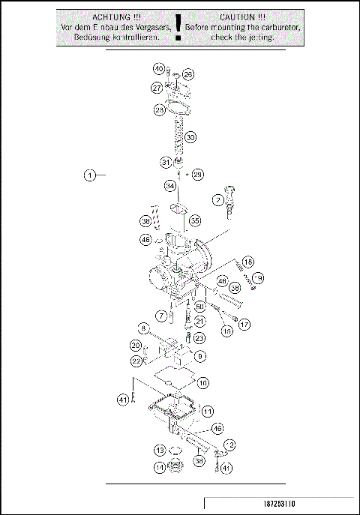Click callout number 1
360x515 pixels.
pyautogui.click(x=89, y=176)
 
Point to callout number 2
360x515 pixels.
pyautogui.click(x=217, y=200)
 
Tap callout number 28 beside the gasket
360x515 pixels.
pyautogui.click(x=160, y=110)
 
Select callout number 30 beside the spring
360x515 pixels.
pyautogui.click(x=190, y=137)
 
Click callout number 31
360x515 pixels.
pyautogui.click(x=165, y=162)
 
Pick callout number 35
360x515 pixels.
pyautogui.click(x=194, y=221)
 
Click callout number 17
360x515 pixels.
pyautogui.click(x=244, y=324)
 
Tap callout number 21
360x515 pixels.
pyautogui.click(x=199, y=321)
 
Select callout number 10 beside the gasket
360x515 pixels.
pyautogui.click(x=203, y=382)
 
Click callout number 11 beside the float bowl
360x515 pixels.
pyautogui.click(x=207, y=411)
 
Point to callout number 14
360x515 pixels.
pyautogui.click(x=160, y=466)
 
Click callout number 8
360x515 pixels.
pyautogui.click(x=142, y=328)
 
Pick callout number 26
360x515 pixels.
pyautogui.click(x=188, y=74)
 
